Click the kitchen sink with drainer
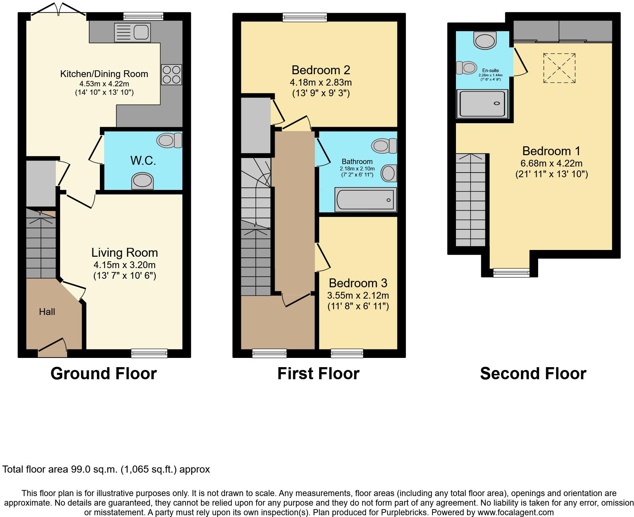132,32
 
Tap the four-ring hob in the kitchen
171,74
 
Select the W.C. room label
143,160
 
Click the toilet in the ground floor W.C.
169,141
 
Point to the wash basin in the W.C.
142,181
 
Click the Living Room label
124,252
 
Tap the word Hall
47,312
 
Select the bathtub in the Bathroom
365,200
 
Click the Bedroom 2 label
321,70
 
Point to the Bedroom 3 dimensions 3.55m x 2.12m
358,295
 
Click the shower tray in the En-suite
482,103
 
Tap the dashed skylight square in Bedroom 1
559,68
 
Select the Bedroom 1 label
551,151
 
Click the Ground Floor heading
103,374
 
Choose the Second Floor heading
533,374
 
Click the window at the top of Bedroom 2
305,17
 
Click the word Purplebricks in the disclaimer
403,512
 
